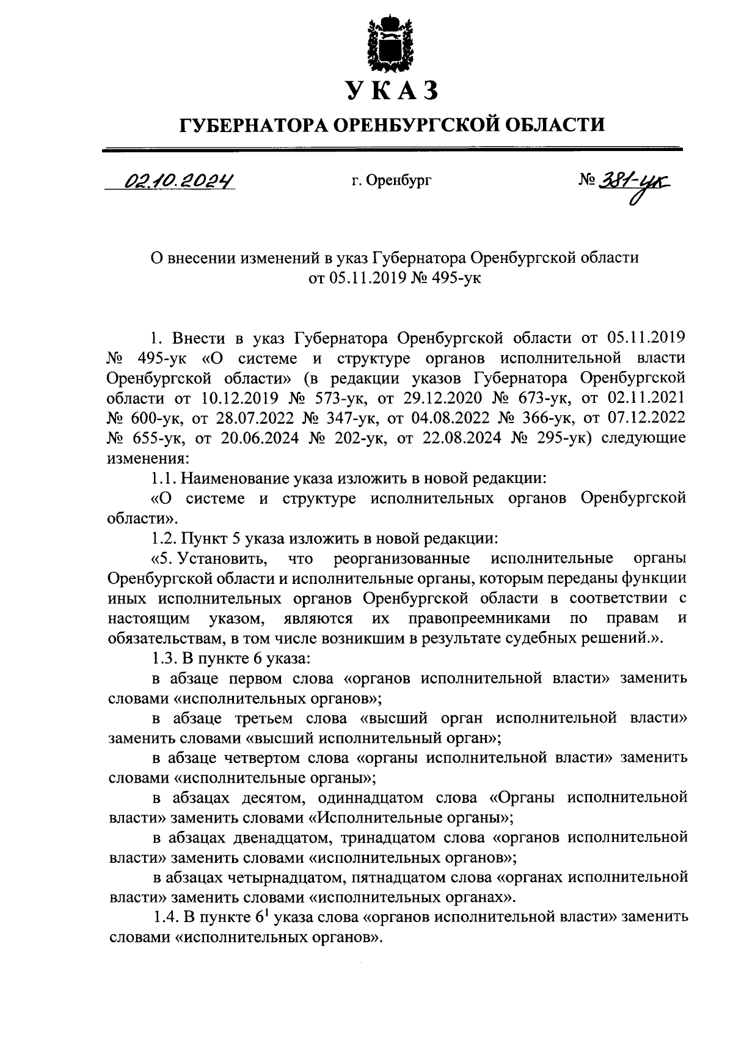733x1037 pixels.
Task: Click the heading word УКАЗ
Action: pos(392,90)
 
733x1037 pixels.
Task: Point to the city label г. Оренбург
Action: pos(391,181)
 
